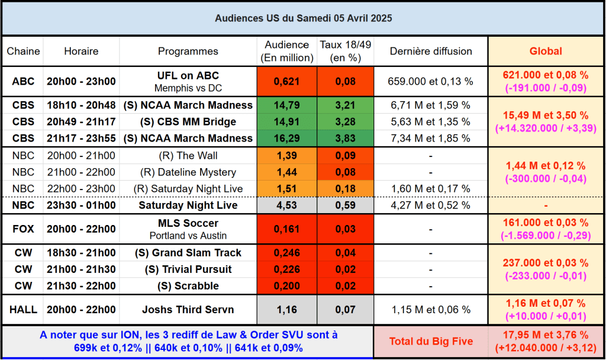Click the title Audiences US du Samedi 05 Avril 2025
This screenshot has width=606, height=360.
point(303,18)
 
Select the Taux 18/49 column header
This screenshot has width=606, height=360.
point(345,51)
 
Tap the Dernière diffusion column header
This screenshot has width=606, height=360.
point(430,51)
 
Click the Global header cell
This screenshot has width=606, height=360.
point(545,51)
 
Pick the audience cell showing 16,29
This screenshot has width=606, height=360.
point(287,138)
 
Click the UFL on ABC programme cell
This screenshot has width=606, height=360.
point(188,81)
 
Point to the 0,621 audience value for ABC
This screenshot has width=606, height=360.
point(287,81)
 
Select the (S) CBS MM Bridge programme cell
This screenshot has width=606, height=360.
point(188,121)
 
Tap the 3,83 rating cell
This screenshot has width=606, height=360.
point(345,138)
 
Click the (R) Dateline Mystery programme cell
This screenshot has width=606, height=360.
point(188,172)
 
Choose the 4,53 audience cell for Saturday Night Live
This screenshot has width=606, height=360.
point(287,205)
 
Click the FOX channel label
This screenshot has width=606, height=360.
point(23,229)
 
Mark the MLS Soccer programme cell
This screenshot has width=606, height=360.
point(188,229)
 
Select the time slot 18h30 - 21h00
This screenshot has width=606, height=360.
point(81,253)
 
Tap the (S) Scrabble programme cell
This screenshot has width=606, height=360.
point(188,286)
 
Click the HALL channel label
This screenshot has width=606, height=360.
point(23,309)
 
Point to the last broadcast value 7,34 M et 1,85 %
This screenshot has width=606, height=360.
point(430,138)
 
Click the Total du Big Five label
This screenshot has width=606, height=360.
point(430,341)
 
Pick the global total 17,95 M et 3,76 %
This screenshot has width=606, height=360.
point(545,335)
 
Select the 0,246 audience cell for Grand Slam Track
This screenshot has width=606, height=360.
point(287,253)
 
